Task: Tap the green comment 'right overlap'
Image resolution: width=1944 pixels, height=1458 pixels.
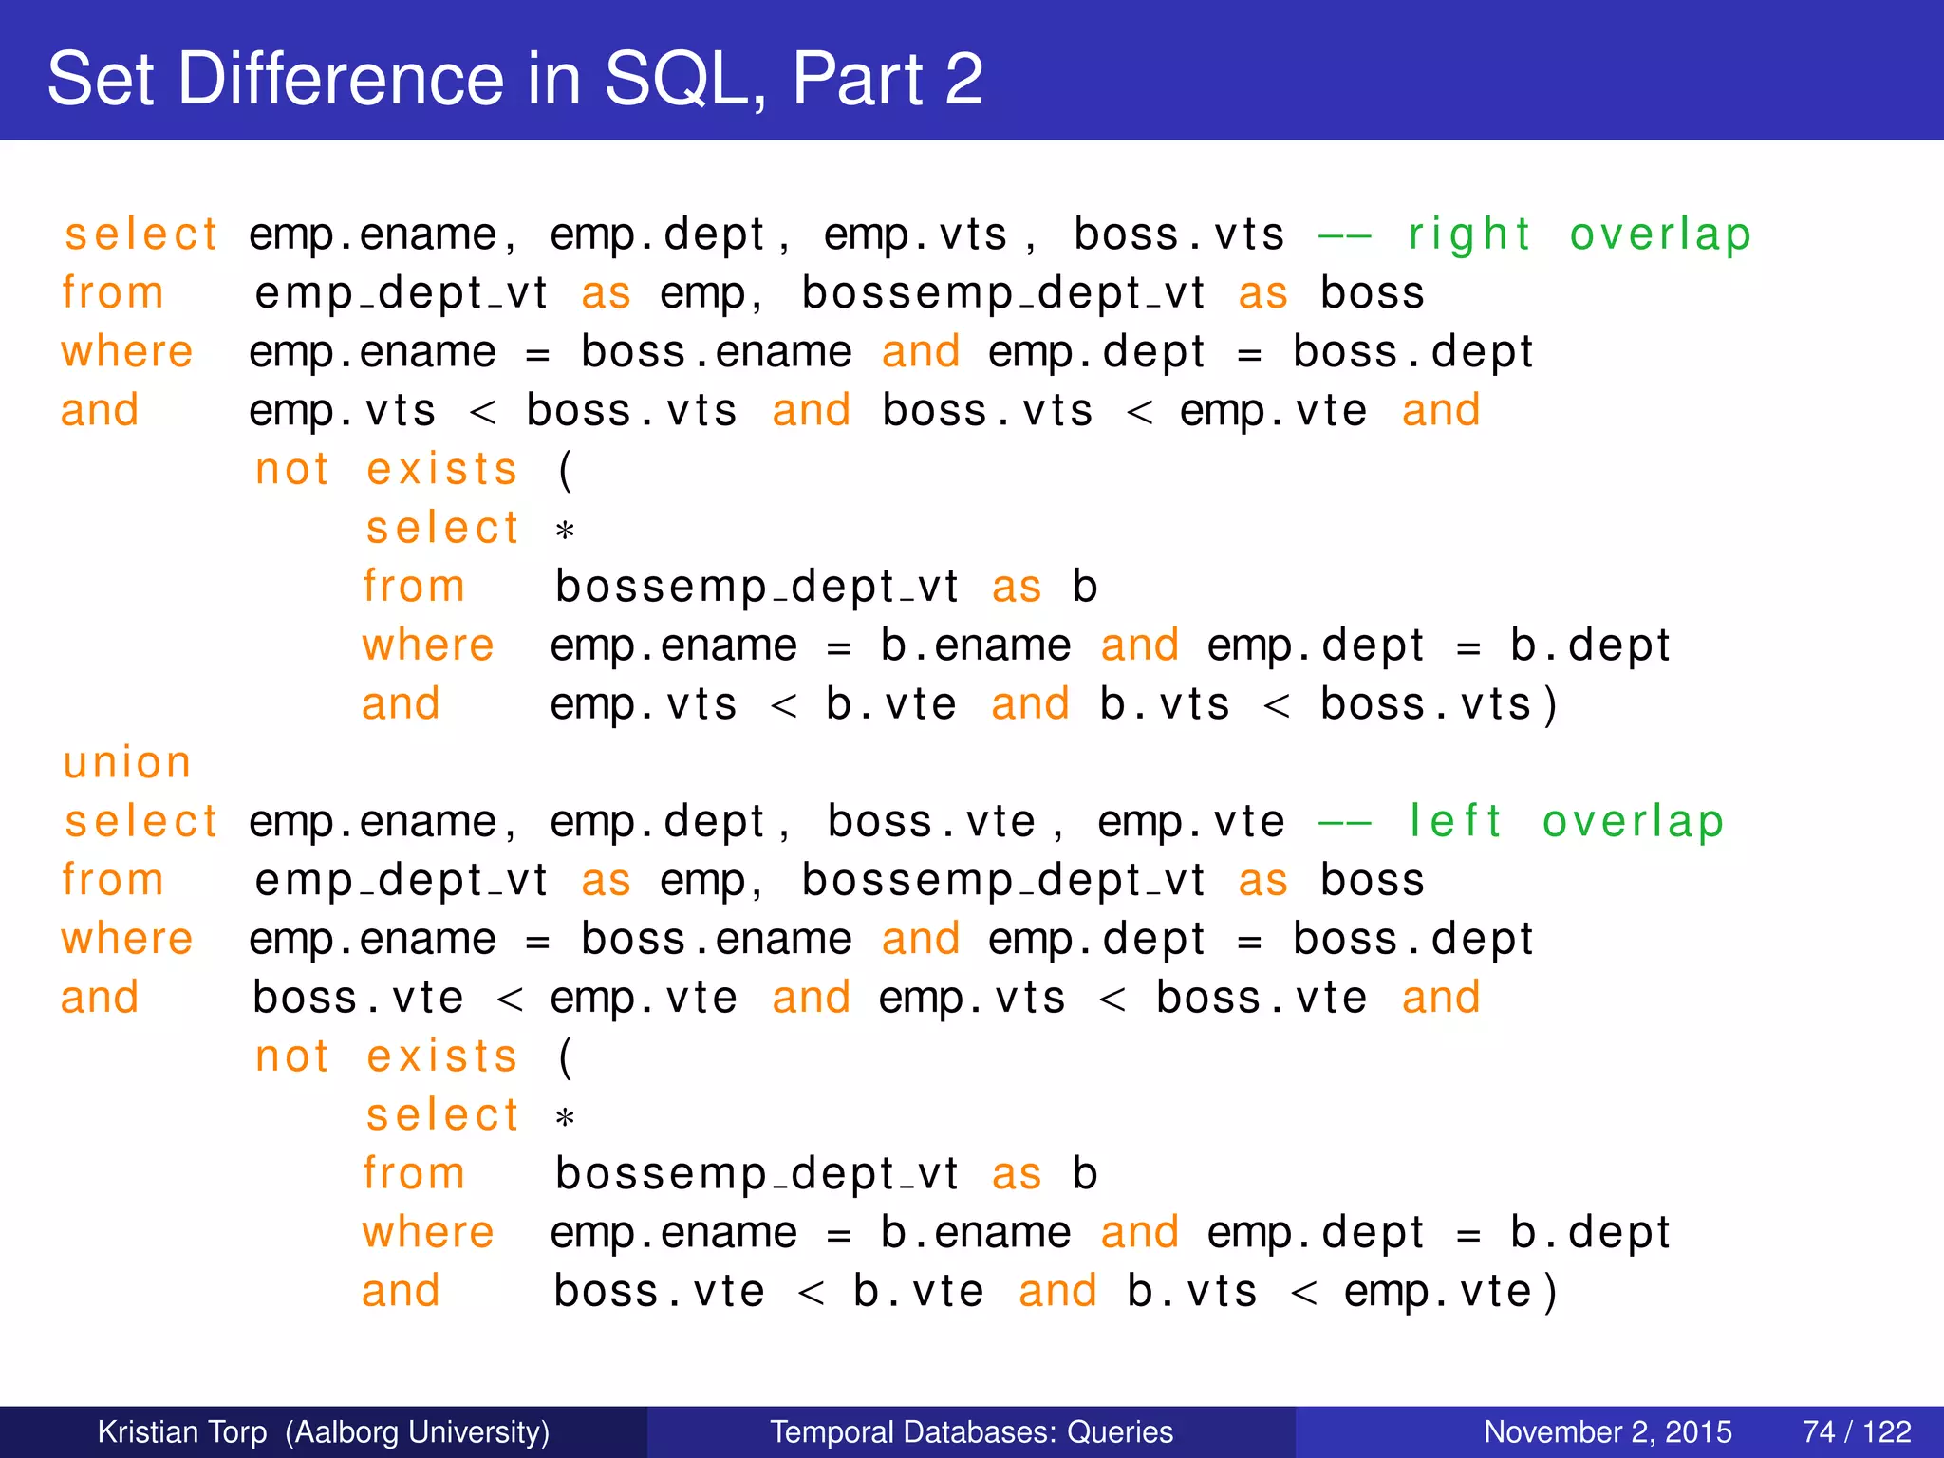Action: click(x=1579, y=234)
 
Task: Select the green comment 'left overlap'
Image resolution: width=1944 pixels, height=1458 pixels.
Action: click(x=1565, y=821)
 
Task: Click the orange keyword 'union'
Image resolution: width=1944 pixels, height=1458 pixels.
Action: click(x=127, y=763)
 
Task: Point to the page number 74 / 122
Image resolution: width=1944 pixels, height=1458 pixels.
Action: click(x=1856, y=1431)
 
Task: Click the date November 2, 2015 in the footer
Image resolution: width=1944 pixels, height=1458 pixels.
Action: click(x=1607, y=1431)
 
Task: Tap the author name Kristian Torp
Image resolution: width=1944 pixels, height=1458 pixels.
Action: click(x=182, y=1431)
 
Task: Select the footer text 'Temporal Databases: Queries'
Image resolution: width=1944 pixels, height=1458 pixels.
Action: click(x=971, y=1431)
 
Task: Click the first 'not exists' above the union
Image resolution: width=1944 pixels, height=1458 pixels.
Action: click(x=386, y=469)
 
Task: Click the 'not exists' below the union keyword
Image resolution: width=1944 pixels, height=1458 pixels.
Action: click(x=386, y=1056)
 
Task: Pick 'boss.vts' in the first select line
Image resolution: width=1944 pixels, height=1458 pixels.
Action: click(x=1179, y=234)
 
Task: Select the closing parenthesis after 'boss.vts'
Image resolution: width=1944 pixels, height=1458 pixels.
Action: click(x=1550, y=705)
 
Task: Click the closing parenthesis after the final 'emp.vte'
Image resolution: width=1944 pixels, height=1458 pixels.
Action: click(x=1550, y=1292)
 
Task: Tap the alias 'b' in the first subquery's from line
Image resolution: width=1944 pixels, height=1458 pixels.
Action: click(x=1084, y=587)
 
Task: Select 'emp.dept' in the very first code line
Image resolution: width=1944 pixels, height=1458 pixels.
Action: click(x=657, y=234)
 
